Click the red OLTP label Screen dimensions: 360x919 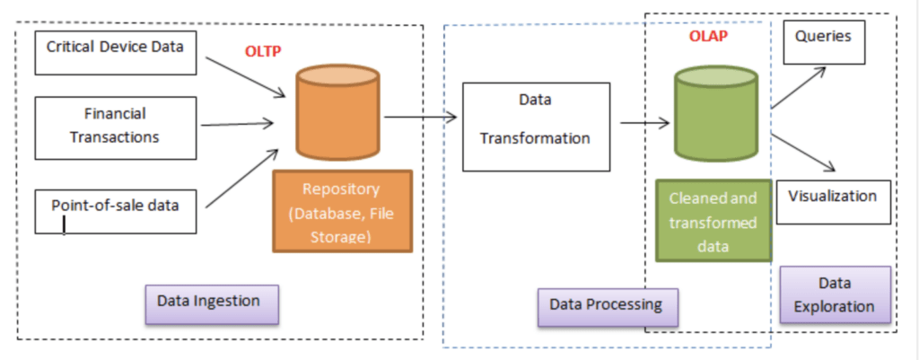(263, 51)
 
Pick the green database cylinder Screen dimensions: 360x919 (716, 114)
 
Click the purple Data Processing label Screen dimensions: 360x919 (607, 305)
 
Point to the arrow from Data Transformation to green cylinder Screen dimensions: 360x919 (644, 123)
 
